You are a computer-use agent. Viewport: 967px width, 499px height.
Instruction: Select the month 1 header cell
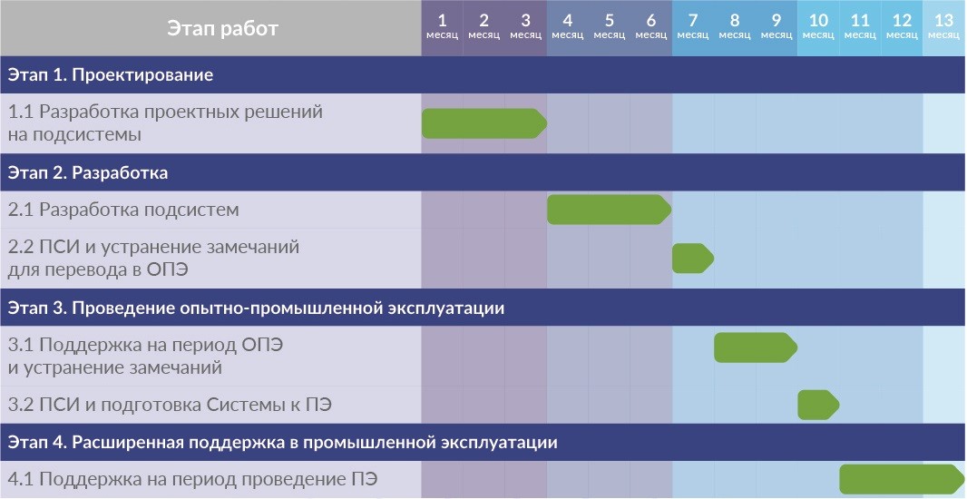click(x=442, y=28)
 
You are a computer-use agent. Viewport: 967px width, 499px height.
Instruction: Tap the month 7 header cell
click(x=692, y=28)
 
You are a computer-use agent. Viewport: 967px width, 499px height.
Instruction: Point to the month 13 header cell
click(x=944, y=28)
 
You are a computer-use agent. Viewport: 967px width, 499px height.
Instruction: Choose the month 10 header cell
click(x=818, y=28)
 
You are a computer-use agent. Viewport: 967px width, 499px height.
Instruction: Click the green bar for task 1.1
click(x=484, y=123)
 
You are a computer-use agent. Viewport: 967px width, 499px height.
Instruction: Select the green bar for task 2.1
click(x=610, y=210)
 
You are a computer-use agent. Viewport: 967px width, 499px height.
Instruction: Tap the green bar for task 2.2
click(x=692, y=259)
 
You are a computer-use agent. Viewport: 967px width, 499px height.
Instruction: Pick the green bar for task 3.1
click(x=756, y=347)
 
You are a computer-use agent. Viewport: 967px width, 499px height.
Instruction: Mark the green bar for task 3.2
click(x=818, y=405)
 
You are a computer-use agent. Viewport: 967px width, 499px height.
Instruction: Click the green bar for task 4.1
click(x=903, y=479)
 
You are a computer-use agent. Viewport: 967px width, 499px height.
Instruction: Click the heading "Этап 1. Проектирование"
click(x=111, y=75)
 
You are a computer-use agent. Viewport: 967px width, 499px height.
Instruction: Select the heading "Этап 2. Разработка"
click(x=88, y=172)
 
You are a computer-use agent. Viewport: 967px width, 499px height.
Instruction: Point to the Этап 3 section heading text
click(x=256, y=308)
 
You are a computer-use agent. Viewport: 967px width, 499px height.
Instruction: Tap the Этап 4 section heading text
click(x=282, y=442)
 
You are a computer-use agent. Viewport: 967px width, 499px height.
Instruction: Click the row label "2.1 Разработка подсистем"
click(x=123, y=210)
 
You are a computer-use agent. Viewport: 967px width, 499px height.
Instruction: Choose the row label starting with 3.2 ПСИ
click(x=171, y=406)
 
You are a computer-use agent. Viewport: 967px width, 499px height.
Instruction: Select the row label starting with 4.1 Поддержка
click(x=193, y=479)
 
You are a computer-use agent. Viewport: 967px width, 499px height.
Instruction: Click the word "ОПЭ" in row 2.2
click(x=168, y=270)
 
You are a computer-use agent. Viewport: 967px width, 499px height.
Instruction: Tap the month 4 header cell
click(x=567, y=28)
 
